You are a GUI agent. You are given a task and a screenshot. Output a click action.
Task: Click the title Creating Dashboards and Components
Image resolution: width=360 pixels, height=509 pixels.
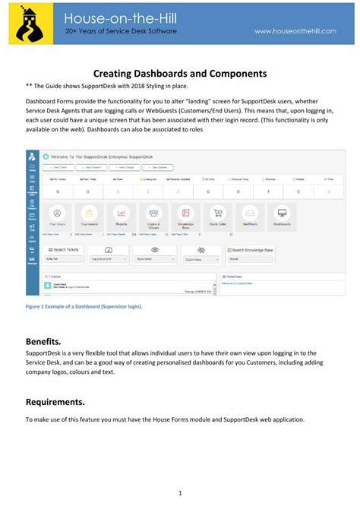pyautogui.click(x=180, y=74)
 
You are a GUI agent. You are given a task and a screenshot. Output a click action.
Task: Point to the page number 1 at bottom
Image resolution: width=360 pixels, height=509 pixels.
pyautogui.click(x=180, y=493)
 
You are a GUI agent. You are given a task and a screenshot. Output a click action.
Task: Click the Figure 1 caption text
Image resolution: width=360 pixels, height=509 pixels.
pyautogui.click(x=84, y=305)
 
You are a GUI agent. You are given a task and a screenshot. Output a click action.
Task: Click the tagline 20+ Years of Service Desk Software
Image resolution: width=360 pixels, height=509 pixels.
pyautogui.click(x=121, y=31)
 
